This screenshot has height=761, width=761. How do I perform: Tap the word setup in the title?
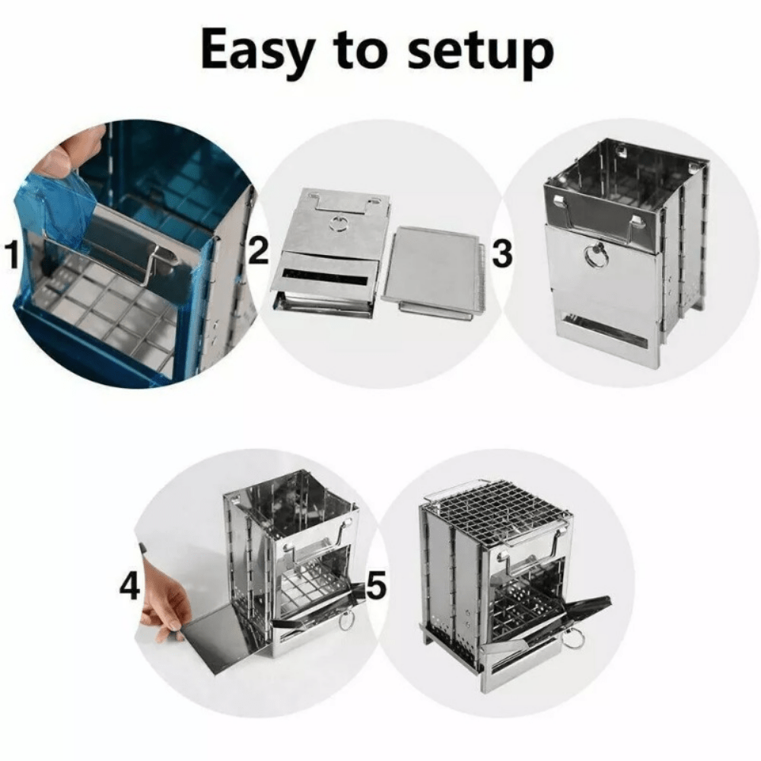(x=480, y=52)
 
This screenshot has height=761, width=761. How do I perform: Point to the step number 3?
(x=502, y=255)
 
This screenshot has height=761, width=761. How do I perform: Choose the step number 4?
(x=130, y=587)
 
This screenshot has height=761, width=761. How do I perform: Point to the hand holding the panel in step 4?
(x=164, y=601)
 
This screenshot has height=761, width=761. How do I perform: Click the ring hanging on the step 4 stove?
(x=347, y=620)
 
